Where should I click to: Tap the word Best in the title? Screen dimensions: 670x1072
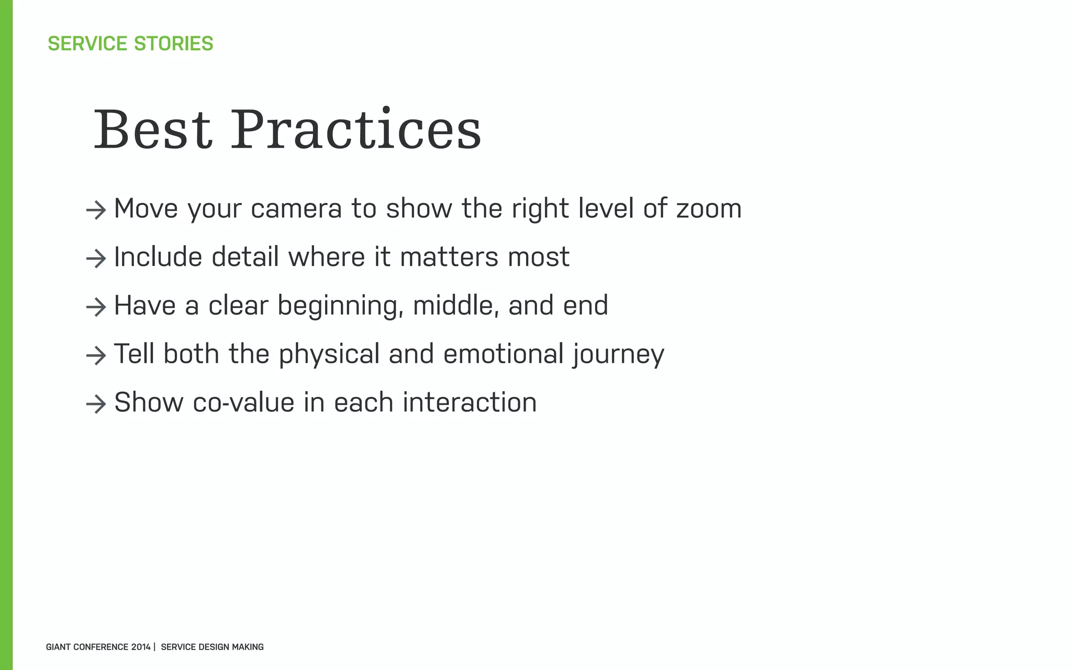[x=152, y=130]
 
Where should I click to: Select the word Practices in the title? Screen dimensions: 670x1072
[x=355, y=130]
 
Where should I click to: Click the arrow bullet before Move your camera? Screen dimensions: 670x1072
[x=96, y=210]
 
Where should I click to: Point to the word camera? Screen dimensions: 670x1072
[x=296, y=209]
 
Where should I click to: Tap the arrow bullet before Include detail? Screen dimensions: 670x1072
[x=96, y=259]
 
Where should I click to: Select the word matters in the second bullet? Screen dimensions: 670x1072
[x=441, y=257]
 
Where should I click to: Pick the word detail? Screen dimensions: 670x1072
[x=244, y=257]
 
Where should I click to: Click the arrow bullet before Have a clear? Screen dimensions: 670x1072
[x=96, y=307]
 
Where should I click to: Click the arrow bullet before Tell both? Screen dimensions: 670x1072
[x=96, y=356]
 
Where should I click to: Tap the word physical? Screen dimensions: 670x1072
[x=329, y=354]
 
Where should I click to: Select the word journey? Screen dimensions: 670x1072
[x=618, y=354]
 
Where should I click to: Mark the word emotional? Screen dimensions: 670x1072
[x=503, y=354]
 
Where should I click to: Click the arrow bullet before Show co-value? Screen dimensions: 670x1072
[x=96, y=404]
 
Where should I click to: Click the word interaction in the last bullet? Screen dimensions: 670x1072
[x=470, y=403]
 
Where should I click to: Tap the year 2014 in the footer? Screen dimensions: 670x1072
[x=141, y=647]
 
